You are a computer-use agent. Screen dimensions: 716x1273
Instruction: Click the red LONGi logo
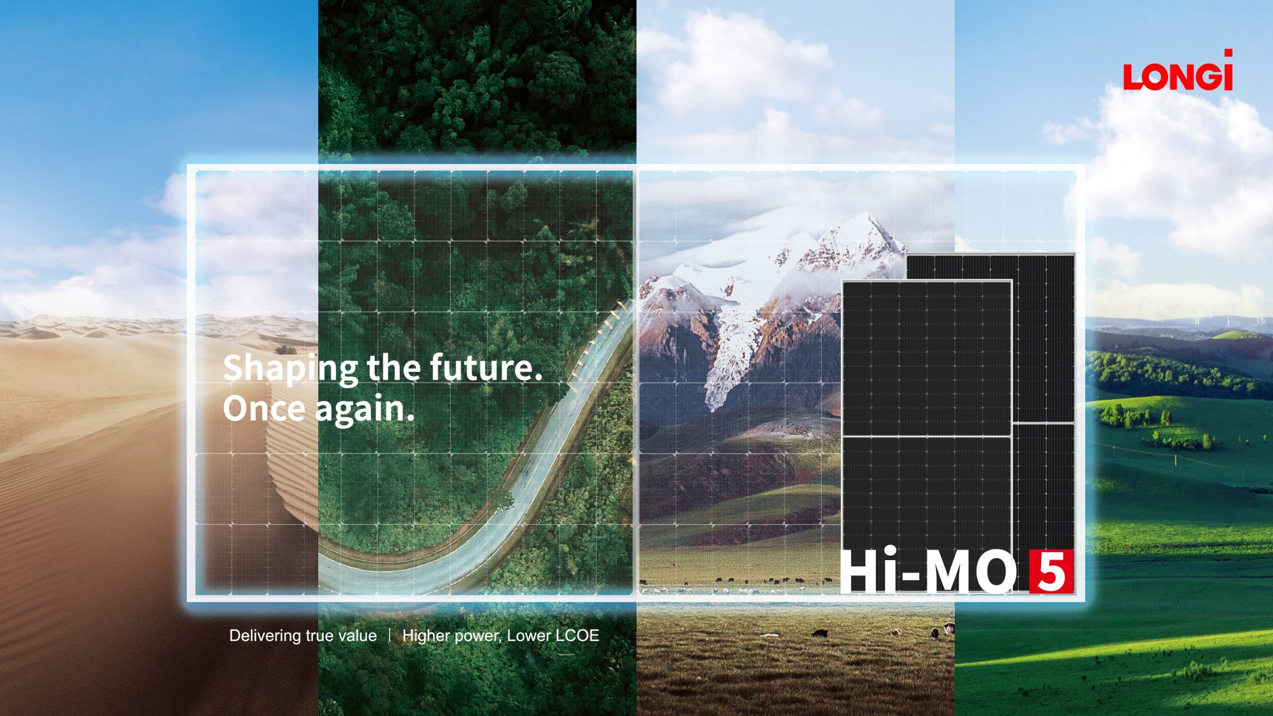click(x=1177, y=72)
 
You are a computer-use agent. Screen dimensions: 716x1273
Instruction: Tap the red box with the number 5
click(x=1050, y=571)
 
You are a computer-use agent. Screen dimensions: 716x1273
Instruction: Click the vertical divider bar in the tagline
click(x=390, y=635)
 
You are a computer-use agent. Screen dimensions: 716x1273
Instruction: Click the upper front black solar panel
click(x=926, y=357)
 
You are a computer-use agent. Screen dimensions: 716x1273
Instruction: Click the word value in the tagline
click(x=357, y=636)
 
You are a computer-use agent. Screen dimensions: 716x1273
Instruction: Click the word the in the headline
click(x=393, y=367)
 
